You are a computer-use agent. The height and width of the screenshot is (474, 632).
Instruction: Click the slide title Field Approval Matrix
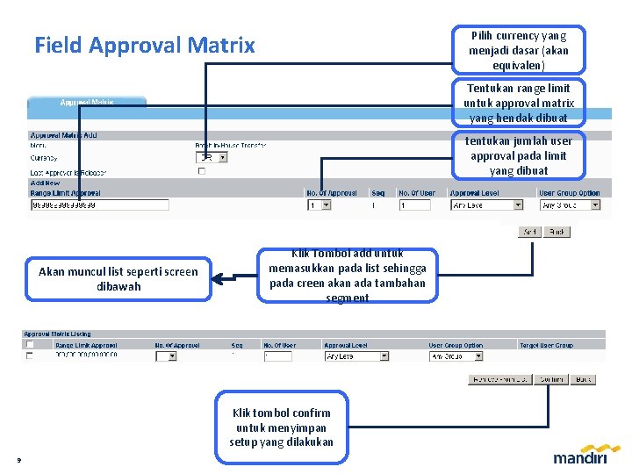tap(145, 45)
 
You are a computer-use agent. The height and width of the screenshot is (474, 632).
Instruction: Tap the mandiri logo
tap(581, 456)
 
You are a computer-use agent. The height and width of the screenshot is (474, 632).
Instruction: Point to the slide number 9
tap(18, 459)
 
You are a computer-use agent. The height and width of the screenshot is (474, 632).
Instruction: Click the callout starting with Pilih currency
tap(518, 50)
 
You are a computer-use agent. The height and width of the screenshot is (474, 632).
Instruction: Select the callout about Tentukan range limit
tap(518, 103)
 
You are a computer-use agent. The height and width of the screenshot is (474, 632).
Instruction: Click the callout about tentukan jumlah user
tap(518, 155)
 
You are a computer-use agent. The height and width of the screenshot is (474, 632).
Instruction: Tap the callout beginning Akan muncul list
tap(118, 279)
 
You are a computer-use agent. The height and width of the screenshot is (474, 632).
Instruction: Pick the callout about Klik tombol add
tap(348, 275)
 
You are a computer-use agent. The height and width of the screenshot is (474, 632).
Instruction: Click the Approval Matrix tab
tap(86, 103)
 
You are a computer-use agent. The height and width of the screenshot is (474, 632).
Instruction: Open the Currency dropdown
tap(211, 157)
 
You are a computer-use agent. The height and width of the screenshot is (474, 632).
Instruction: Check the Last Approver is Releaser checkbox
tap(201, 172)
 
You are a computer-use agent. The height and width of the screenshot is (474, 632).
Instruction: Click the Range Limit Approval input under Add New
tap(98, 205)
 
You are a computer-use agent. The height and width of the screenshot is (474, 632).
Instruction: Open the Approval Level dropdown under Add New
tap(486, 205)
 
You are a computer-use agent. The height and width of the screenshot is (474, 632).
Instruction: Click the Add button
tap(529, 232)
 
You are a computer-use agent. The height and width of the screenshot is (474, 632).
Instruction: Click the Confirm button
tap(551, 379)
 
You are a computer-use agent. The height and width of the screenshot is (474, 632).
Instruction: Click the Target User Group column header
tap(545, 345)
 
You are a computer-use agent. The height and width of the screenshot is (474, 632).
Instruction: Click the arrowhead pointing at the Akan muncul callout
tap(219, 280)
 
